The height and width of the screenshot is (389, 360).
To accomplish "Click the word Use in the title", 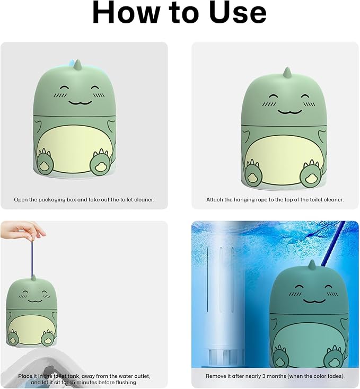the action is click(238, 13).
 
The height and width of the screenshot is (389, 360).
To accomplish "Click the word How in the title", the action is click(126, 13).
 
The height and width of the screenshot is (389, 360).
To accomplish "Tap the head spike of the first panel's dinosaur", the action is click(77, 65).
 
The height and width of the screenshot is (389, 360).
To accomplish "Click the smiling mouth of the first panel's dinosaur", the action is click(80, 102).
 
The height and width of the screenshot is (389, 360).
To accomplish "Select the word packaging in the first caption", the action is click(51, 200).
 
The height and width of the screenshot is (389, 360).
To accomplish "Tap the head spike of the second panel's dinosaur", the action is click(287, 73).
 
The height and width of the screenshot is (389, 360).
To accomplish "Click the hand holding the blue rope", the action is click(23, 231).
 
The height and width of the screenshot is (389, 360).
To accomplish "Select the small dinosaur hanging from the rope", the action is click(31, 311).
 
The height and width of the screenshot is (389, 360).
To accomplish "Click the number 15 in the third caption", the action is click(73, 382).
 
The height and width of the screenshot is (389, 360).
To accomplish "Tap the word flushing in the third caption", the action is click(127, 383).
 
